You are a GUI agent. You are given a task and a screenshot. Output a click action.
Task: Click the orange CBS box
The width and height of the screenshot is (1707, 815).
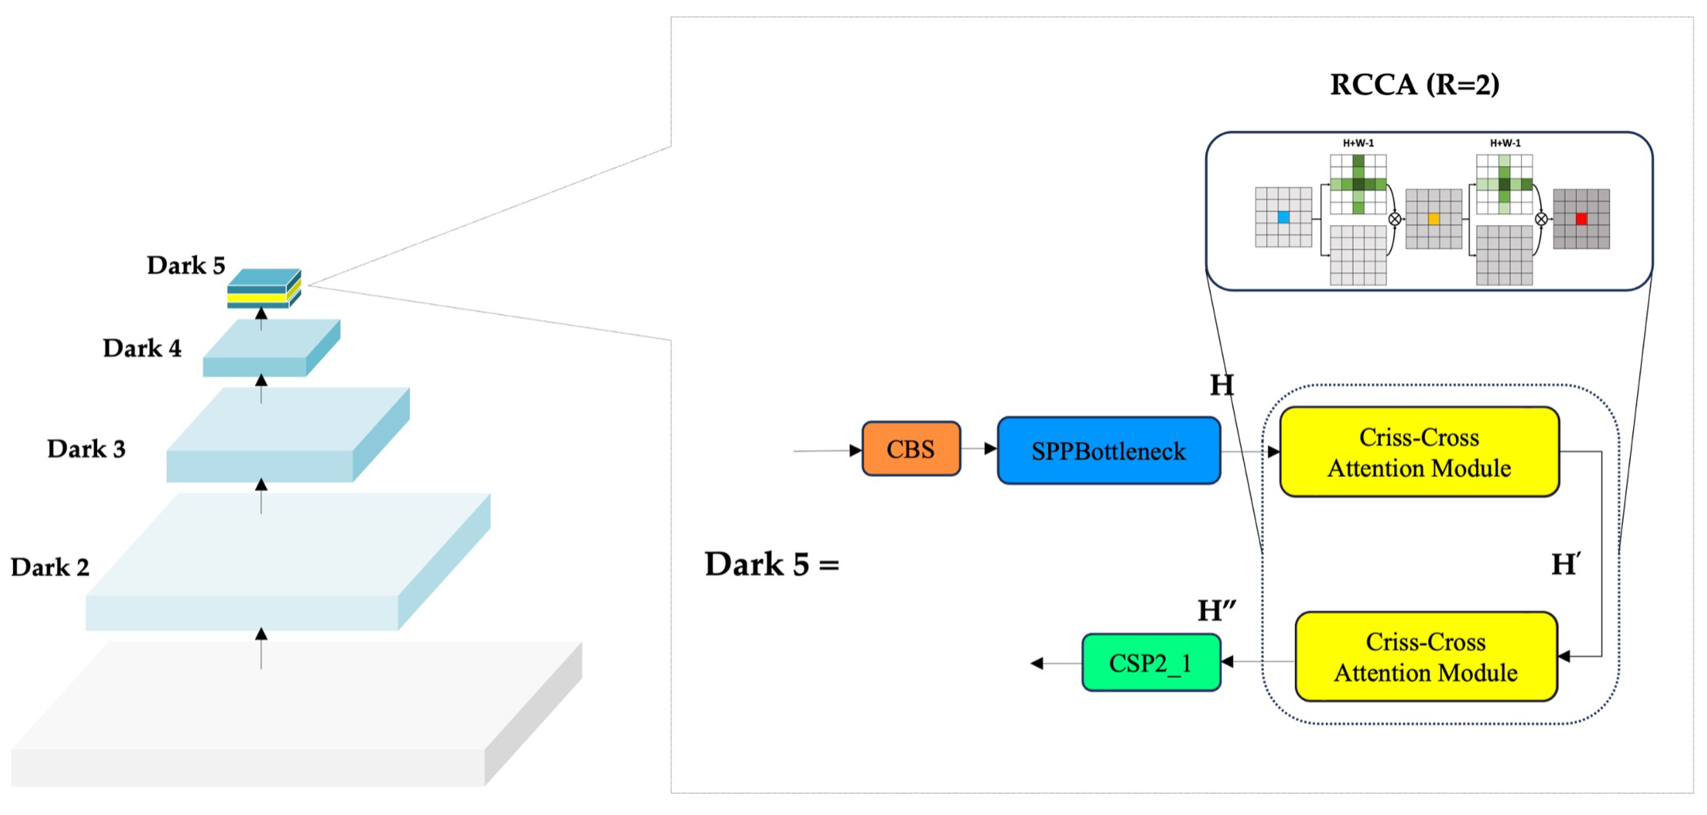(911, 449)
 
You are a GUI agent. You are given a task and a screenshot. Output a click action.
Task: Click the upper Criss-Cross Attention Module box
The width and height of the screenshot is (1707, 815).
(1419, 452)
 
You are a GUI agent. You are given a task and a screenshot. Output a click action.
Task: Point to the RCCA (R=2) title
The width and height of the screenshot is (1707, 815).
(1414, 85)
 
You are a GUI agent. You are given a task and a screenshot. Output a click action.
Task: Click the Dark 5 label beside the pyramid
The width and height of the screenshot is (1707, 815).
(186, 266)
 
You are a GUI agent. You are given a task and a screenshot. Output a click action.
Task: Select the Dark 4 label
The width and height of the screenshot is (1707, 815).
(142, 348)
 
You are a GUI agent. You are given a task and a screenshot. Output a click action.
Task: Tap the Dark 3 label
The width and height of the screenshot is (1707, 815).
(86, 449)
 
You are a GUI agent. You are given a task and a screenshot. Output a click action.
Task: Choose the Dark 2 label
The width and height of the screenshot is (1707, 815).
(50, 567)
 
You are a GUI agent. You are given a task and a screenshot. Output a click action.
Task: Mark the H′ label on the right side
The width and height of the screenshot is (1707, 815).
(1565, 565)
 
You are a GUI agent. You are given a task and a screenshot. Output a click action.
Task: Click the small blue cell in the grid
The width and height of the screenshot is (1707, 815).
(1283, 217)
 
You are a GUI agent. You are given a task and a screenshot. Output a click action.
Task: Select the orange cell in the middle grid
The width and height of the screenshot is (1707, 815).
(1434, 219)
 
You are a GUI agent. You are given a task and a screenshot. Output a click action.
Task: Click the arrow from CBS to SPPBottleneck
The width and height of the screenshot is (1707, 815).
(979, 449)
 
